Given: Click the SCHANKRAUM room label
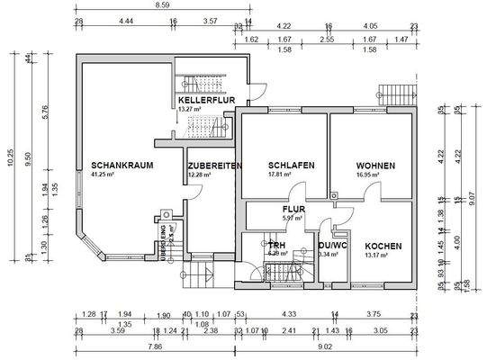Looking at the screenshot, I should [x=122, y=166].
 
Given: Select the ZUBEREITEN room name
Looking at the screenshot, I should [x=214, y=166].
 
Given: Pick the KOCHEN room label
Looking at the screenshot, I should [x=384, y=245].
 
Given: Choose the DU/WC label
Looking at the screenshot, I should [x=333, y=245].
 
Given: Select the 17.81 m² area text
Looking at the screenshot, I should [x=281, y=175].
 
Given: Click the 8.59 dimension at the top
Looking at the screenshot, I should [x=163, y=5].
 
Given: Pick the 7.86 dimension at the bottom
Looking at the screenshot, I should [x=154, y=346].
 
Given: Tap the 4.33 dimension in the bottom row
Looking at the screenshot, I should [x=289, y=314].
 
